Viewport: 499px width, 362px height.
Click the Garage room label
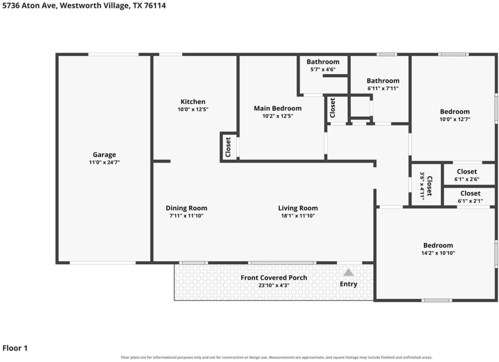[x=104, y=154]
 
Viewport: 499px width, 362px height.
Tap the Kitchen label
[x=193, y=102]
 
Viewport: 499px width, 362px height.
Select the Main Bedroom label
[x=277, y=109]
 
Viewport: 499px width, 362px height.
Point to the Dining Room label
[x=187, y=208]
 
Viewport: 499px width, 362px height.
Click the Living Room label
[x=298, y=208]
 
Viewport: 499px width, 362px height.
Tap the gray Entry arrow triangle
[x=348, y=273]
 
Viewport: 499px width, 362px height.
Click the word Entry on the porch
[x=348, y=284]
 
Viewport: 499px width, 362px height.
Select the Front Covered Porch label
[x=274, y=278]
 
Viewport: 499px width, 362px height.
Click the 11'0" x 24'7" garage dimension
[x=104, y=162]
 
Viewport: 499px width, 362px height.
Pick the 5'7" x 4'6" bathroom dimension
[x=323, y=69]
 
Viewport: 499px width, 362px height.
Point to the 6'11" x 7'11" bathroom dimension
[x=383, y=89]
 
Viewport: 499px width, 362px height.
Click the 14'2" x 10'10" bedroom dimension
[x=438, y=253]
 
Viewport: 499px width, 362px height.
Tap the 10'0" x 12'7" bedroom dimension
[x=455, y=119]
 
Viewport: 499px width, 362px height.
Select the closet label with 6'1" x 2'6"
[x=467, y=172]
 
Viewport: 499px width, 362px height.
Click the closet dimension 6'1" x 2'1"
[x=470, y=201]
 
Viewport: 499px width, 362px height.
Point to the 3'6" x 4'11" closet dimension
[x=422, y=186]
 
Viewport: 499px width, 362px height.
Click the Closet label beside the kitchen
[x=228, y=147]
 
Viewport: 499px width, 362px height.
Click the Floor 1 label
[x=15, y=348]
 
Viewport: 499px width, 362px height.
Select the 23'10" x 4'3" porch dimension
[x=274, y=286]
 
